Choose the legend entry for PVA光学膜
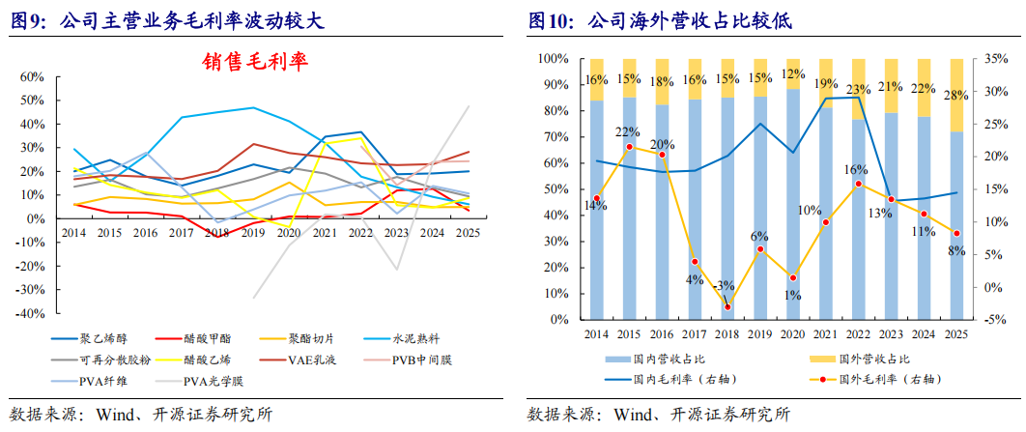coord(211,379)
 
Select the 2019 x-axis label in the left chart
coord(253,233)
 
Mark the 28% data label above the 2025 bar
coord(956,96)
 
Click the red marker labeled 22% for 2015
coord(628,147)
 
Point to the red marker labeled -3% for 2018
coord(727,307)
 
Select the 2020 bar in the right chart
coord(792,203)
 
